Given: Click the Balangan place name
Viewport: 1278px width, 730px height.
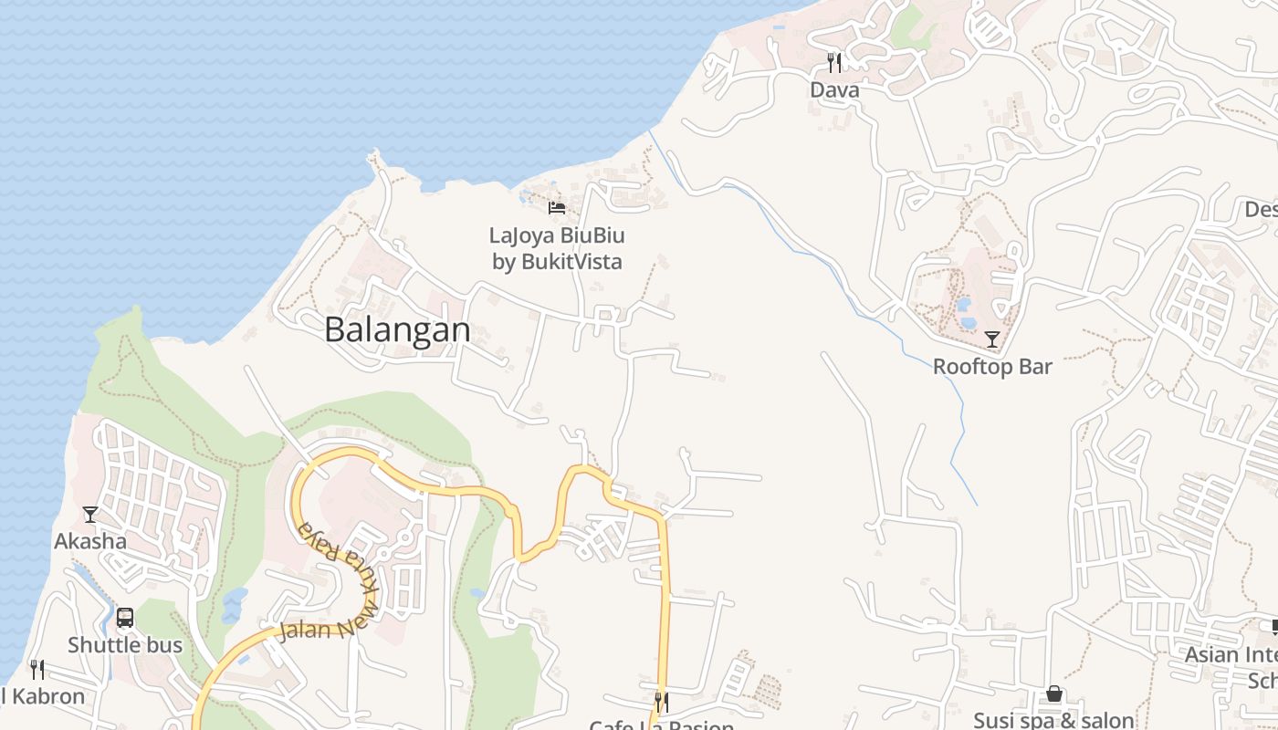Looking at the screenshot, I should (397, 329).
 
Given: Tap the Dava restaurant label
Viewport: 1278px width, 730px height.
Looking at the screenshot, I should (834, 90).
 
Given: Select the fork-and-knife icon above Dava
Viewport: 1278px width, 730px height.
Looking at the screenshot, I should (833, 62).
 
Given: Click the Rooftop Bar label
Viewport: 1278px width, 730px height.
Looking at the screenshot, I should (992, 367).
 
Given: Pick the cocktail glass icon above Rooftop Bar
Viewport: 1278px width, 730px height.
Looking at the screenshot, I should (991, 339).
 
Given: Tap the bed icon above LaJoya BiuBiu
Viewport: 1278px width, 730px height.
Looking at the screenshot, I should (557, 208).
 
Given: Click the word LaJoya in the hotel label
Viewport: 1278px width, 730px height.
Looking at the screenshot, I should (522, 235).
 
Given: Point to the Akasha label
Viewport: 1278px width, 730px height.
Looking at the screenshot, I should (90, 541).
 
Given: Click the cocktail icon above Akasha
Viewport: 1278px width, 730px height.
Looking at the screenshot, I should (89, 515).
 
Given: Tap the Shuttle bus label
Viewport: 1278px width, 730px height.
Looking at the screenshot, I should (125, 645).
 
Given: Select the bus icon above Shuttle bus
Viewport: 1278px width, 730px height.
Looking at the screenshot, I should (125, 618).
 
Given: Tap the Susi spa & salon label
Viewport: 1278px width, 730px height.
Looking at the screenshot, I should (1053, 720).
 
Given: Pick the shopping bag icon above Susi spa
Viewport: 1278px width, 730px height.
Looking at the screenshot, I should (1054, 694).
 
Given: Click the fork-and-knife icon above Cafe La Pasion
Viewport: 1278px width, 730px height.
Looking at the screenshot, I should (661, 702).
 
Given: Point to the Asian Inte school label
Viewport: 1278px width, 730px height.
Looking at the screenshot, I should (1232, 655).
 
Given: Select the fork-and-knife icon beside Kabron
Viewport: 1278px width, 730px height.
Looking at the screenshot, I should (37, 670).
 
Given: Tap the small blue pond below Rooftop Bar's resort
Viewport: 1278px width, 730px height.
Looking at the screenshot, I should (968, 322).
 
